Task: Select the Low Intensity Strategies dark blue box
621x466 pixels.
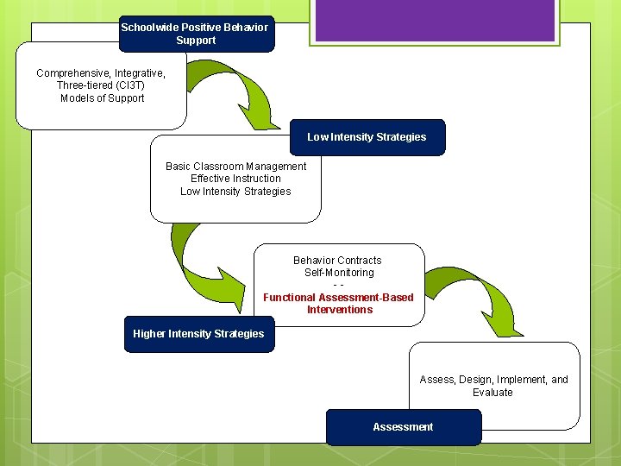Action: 367,137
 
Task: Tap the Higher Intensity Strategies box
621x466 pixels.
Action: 198,334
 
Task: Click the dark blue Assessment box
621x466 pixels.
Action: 403,427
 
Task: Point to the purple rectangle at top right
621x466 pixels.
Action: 434,20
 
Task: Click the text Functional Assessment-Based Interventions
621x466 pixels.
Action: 338,304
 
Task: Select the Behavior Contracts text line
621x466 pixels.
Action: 337,261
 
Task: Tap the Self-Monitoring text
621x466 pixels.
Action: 339,273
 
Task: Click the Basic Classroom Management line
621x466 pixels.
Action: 235,167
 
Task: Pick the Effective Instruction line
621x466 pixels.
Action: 235,179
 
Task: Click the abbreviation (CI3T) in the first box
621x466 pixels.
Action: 125,85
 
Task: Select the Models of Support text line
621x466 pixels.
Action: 102,98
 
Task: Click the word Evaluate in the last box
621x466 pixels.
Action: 492,393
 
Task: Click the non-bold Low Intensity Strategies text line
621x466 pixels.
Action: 235,192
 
